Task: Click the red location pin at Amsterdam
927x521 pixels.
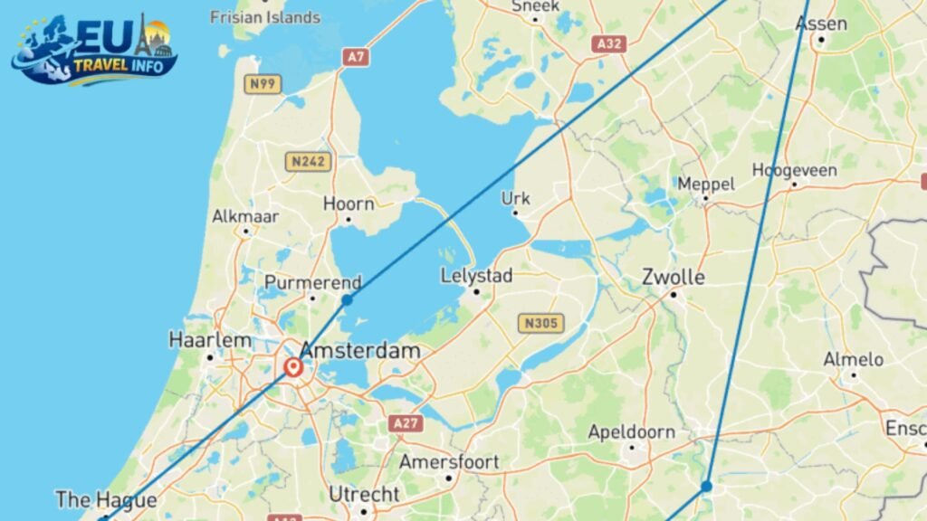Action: point(293,367)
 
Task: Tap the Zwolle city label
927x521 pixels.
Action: point(674,277)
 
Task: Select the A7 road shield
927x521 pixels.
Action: point(356,57)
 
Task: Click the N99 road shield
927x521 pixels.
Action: point(263,84)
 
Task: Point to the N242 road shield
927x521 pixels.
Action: point(308,162)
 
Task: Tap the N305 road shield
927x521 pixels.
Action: point(541,323)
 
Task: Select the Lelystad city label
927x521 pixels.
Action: point(477,276)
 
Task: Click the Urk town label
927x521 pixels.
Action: point(517,199)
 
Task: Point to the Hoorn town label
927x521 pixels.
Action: point(349,204)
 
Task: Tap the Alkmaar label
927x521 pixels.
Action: point(245,217)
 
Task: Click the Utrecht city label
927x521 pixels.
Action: point(364,495)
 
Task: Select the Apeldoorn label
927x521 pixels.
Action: point(632,432)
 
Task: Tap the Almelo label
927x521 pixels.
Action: point(853,360)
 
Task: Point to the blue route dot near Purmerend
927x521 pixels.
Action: point(347,299)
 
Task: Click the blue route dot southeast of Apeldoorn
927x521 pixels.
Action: point(706,487)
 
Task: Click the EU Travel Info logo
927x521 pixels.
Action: point(94,50)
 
